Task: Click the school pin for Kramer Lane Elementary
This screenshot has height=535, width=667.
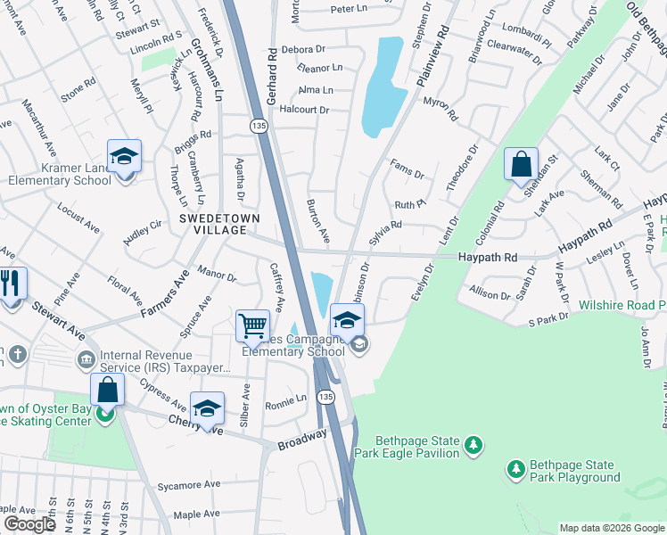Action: point(125,157)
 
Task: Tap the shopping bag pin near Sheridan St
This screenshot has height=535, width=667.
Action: point(521,165)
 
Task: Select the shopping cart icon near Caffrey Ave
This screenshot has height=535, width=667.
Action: point(253,325)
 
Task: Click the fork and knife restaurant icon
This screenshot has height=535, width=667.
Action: point(11,285)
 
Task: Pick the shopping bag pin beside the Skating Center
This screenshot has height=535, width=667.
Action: point(107,391)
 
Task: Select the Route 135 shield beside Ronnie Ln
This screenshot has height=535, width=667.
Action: point(327,396)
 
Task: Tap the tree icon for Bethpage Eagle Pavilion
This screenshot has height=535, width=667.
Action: point(475,443)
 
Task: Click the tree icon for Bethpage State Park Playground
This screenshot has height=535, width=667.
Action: point(515,468)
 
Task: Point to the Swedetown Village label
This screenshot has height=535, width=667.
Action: point(212,224)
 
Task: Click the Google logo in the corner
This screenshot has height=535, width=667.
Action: point(29,524)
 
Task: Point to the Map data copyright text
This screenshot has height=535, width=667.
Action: point(611,528)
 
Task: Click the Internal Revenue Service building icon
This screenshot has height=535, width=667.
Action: point(86,360)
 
